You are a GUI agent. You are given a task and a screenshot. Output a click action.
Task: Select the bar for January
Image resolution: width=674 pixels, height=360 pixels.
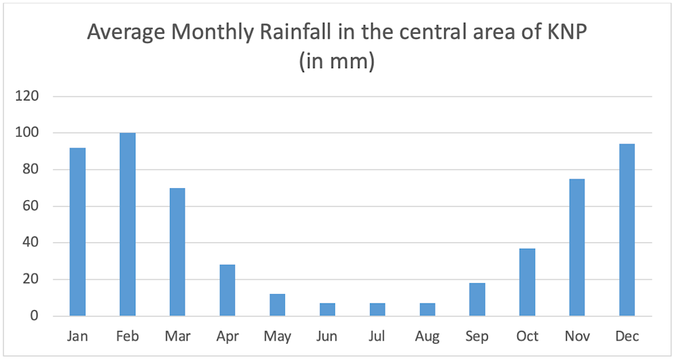[78, 232]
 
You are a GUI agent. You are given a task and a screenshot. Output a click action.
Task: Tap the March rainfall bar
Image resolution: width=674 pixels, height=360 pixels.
[177, 252]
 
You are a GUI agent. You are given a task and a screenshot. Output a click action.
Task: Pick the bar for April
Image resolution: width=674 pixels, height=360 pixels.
[227, 291]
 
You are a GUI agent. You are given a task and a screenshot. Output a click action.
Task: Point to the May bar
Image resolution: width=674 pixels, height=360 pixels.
[277, 305]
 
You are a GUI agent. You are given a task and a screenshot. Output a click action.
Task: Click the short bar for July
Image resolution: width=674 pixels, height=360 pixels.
[377, 309]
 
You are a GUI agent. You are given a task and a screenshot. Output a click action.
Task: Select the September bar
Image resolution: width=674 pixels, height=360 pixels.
[477, 299]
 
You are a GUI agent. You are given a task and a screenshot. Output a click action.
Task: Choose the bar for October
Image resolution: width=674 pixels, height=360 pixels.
[527, 282]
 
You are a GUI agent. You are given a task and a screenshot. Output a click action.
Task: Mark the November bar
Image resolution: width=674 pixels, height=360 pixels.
[577, 247]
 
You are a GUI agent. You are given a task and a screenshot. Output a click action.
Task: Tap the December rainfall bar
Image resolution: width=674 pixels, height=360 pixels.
[627, 230]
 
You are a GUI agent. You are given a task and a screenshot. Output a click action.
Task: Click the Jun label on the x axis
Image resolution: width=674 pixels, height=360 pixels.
[327, 336]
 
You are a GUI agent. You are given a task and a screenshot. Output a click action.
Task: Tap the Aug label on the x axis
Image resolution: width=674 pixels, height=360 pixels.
[427, 336]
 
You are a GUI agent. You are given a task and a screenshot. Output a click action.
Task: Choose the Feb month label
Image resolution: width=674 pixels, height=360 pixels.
[127, 336]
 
